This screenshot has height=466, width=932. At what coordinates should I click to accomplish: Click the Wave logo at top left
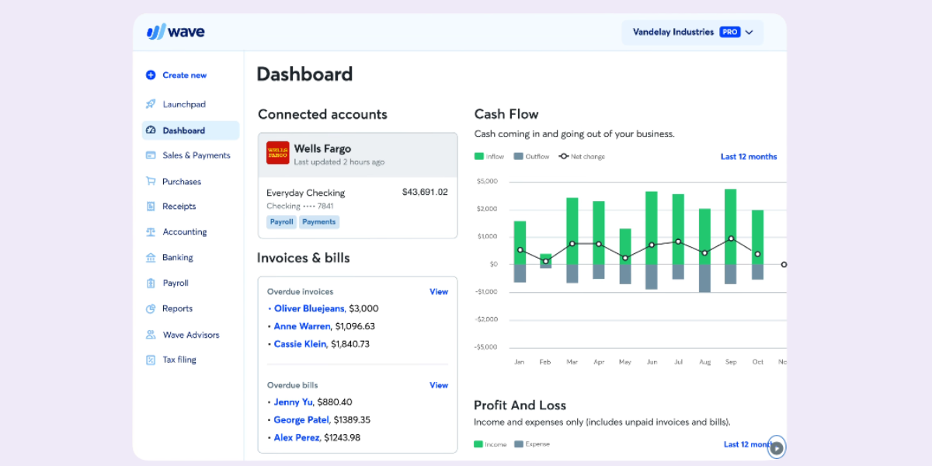[176, 32]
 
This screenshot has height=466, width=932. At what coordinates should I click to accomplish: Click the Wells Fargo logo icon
[277, 153]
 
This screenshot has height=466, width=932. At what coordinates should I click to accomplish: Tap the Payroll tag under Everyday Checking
[281, 222]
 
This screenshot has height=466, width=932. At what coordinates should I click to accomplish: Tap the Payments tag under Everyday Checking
[318, 222]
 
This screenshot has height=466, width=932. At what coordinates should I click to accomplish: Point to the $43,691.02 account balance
[424, 192]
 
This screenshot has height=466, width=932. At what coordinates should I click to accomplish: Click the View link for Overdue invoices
[439, 292]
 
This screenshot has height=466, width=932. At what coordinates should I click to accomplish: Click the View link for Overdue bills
[439, 385]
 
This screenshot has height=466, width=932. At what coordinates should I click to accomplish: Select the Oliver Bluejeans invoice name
[309, 308]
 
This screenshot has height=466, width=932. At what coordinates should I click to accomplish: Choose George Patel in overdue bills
[301, 419]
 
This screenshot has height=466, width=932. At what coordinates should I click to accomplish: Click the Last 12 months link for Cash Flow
[748, 157]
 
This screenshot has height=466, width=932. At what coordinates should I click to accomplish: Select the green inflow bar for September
[731, 225]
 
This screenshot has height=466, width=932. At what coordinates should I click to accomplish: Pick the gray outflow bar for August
[704, 277]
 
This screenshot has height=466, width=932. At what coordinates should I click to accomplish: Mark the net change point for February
[546, 261]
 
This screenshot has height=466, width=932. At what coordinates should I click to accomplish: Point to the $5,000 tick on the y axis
[487, 182]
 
